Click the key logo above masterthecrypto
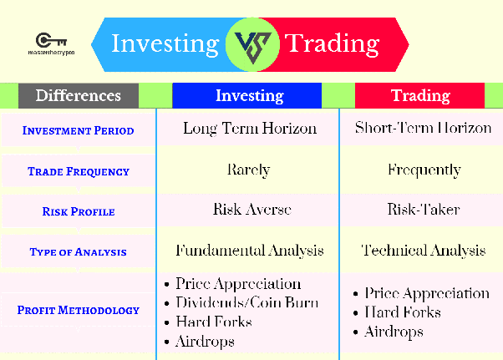[x=51, y=40]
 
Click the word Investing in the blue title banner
[x=165, y=44]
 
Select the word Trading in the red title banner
[x=332, y=44]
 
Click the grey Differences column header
[x=79, y=95]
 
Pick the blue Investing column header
[x=247, y=95]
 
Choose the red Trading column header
[x=420, y=95]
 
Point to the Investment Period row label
[x=79, y=131]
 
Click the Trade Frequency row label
[x=79, y=171]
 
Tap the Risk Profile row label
[x=79, y=211]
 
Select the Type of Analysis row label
[x=79, y=252]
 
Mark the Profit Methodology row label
[x=79, y=310]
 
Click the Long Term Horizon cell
[x=250, y=129]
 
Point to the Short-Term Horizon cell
[x=423, y=128]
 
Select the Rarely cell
[x=249, y=170]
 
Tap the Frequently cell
[x=424, y=170]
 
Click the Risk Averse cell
[x=252, y=210]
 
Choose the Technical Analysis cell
[x=424, y=251]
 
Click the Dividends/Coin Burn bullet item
[x=241, y=302]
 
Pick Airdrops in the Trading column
[x=389, y=332]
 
